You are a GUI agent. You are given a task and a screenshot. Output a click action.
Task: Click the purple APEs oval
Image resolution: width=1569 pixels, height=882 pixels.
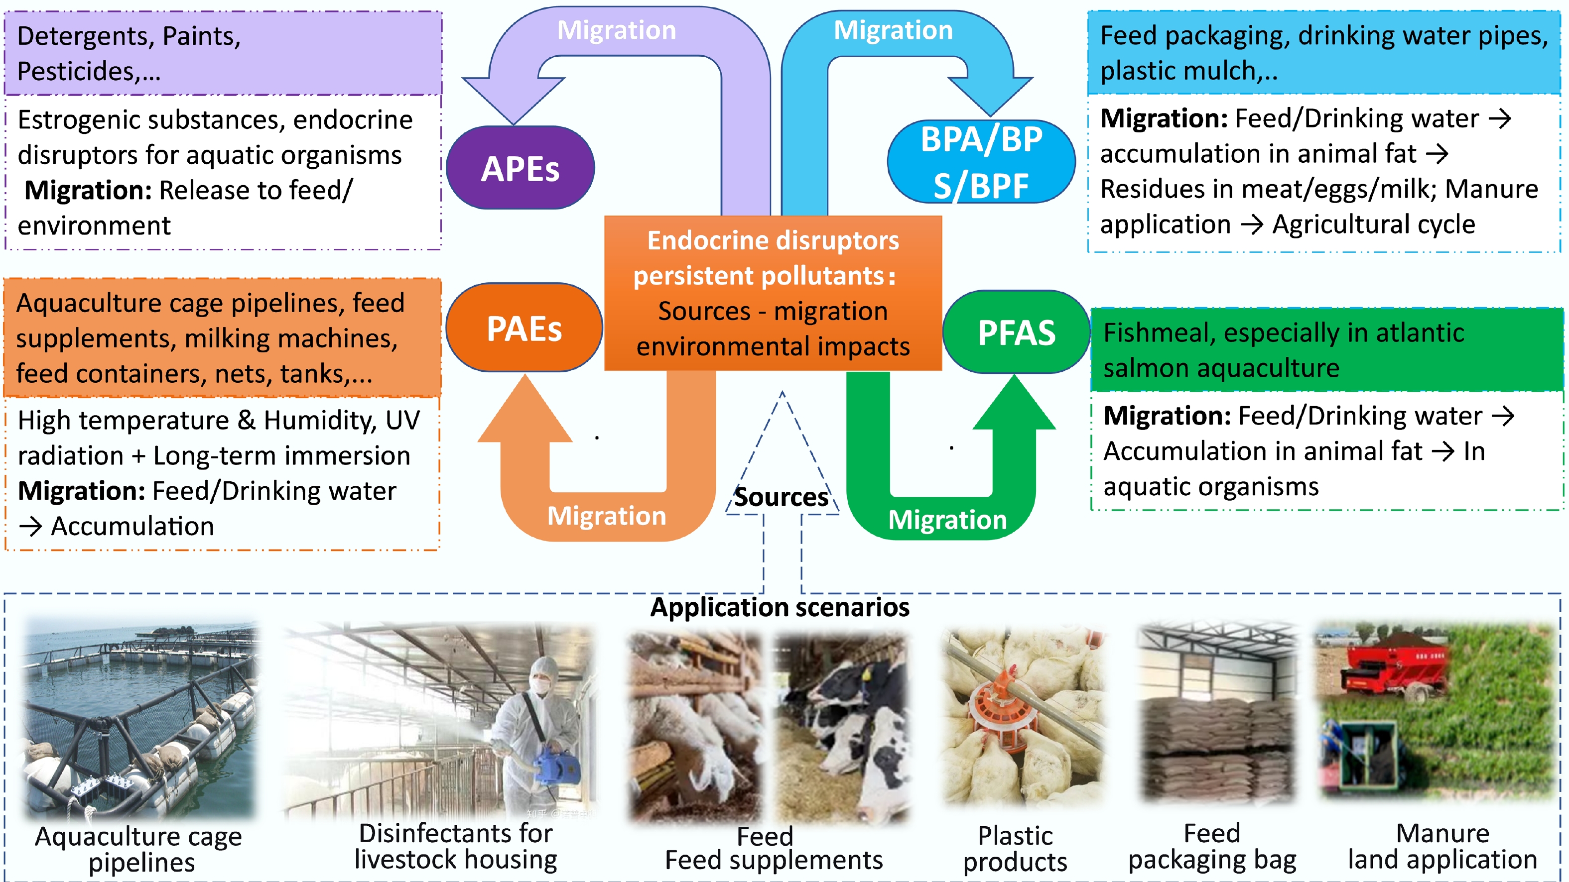coord(520,168)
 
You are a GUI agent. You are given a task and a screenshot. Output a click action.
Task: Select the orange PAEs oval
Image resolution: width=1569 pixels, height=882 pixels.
coord(524,328)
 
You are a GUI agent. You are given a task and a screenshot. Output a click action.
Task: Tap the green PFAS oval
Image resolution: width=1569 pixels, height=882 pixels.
coord(1016,332)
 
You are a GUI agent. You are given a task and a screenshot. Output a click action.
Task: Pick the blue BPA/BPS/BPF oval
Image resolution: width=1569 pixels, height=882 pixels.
coord(981,162)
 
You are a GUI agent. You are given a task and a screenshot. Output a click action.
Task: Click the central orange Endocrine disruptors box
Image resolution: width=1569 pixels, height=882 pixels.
coord(773,293)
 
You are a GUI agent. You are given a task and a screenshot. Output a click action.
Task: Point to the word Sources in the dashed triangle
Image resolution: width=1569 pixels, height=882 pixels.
coord(781,497)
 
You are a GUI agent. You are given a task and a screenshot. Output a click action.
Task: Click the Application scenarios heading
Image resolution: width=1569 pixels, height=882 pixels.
coord(780,607)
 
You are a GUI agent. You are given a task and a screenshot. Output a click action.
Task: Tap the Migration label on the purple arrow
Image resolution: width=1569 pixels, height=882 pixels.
coord(617,30)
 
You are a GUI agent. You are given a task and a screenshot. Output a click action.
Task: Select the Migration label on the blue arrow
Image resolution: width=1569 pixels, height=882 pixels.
coord(893,30)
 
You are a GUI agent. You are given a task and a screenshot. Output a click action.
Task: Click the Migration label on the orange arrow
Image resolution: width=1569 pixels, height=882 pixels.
coord(607,516)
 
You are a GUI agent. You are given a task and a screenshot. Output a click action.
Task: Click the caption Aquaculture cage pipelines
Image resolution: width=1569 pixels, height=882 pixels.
coord(139,849)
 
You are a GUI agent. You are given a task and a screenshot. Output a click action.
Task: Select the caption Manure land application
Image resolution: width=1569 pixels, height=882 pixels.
coord(1442,846)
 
